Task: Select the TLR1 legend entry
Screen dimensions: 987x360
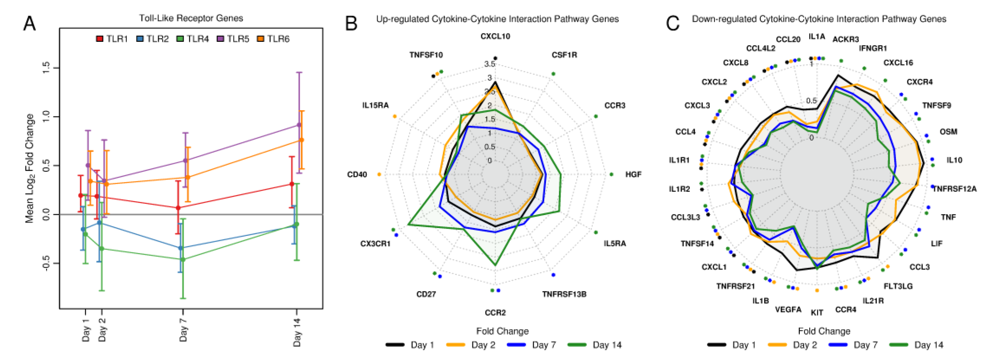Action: coord(112,39)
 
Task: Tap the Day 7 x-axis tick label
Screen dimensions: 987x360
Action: coord(183,329)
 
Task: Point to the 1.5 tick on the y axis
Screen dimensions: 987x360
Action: coord(46,68)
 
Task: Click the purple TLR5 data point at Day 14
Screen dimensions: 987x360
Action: coord(299,125)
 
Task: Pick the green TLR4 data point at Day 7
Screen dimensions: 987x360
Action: coord(183,260)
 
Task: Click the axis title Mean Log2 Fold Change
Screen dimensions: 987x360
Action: coord(30,169)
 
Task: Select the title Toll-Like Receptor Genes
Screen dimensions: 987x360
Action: coord(191,18)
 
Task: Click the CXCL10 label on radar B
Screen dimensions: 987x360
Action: coord(495,36)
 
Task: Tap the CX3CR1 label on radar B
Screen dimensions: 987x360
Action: coord(375,244)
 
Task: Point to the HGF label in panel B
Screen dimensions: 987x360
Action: coord(633,175)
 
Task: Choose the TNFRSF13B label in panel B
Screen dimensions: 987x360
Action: coord(564,294)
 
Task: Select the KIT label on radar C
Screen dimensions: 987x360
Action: coord(817,312)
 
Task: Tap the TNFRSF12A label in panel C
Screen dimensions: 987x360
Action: coord(954,189)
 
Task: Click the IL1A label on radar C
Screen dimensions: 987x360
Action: coord(816,36)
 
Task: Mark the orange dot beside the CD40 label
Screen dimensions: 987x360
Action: coord(379,175)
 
